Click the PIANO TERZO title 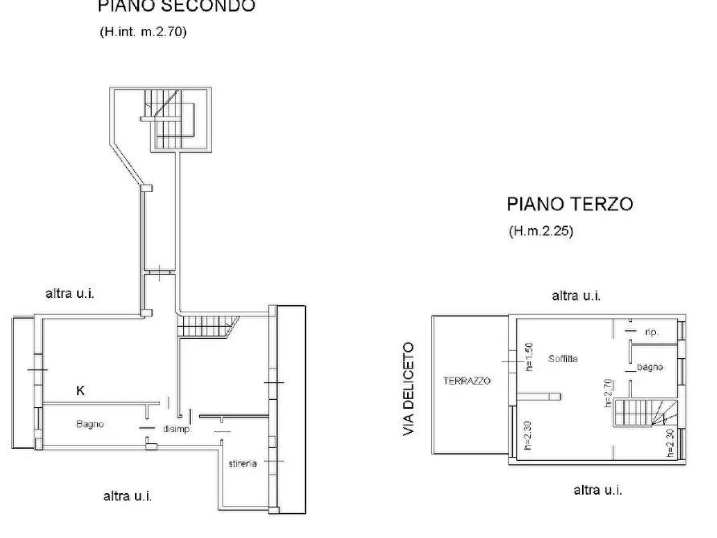[568, 204]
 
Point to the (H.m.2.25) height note [540, 231]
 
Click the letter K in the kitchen [79, 391]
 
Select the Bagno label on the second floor [90, 424]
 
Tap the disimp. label [176, 429]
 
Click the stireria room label [242, 463]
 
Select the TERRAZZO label [465, 380]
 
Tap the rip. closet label [652, 331]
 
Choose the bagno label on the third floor [650, 367]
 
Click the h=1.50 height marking [528, 358]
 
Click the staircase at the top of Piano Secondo [169, 120]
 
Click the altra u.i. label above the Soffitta [576, 295]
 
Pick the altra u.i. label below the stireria [128, 495]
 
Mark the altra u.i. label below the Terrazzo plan [597, 490]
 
